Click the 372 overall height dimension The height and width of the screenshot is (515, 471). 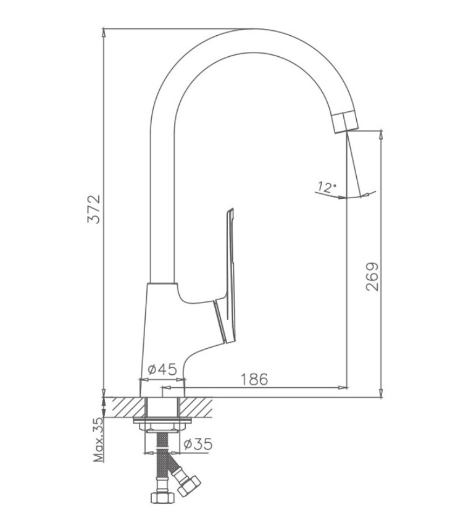tap(94, 209)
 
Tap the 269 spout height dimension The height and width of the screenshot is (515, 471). tap(372, 276)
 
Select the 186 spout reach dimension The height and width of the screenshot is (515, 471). tap(254, 379)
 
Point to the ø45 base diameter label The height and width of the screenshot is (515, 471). tap(162, 369)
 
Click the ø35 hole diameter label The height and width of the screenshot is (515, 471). tap(198, 444)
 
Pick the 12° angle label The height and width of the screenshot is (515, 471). tap(327, 187)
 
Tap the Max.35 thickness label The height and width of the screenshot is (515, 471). tap(99, 440)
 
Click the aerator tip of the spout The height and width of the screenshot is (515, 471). tap(345, 122)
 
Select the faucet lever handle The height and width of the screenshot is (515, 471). tap(226, 276)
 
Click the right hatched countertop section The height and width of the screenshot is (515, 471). tap(196, 408)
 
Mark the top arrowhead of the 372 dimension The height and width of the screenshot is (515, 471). tap(104, 32)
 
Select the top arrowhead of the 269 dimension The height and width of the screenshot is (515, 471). tap(381, 135)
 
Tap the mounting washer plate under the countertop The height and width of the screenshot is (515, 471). tap(162, 421)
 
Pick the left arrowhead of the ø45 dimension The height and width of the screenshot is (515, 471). tap(144, 380)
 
